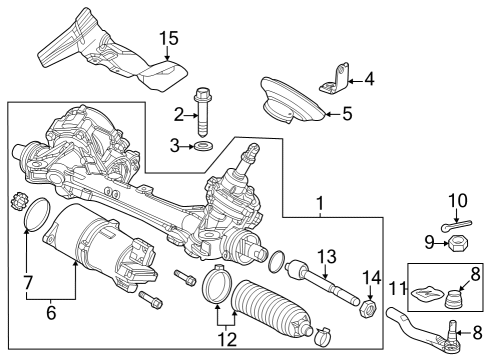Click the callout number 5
point(346,113)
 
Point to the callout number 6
point(50,312)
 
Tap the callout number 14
point(372,277)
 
